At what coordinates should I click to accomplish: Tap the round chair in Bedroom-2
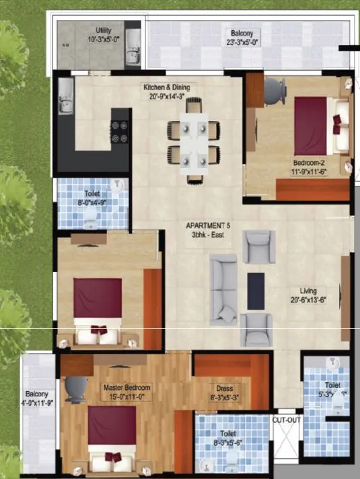[275, 89]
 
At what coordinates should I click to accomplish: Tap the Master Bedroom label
[127, 388]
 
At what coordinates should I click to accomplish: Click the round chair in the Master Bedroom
[75, 389]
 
